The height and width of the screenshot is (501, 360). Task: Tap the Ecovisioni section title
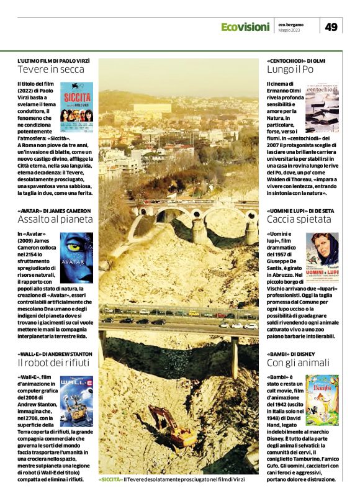click(x=245, y=27)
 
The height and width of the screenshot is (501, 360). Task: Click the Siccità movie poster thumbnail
click(x=77, y=101)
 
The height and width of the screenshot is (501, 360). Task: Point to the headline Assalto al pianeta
click(x=55, y=219)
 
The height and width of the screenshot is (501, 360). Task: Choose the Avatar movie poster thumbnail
click(x=77, y=256)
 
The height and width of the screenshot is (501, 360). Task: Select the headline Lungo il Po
click(x=290, y=70)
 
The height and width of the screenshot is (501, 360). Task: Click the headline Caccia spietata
click(x=299, y=219)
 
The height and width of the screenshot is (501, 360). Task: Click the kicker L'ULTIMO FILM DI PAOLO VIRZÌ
click(x=53, y=60)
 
